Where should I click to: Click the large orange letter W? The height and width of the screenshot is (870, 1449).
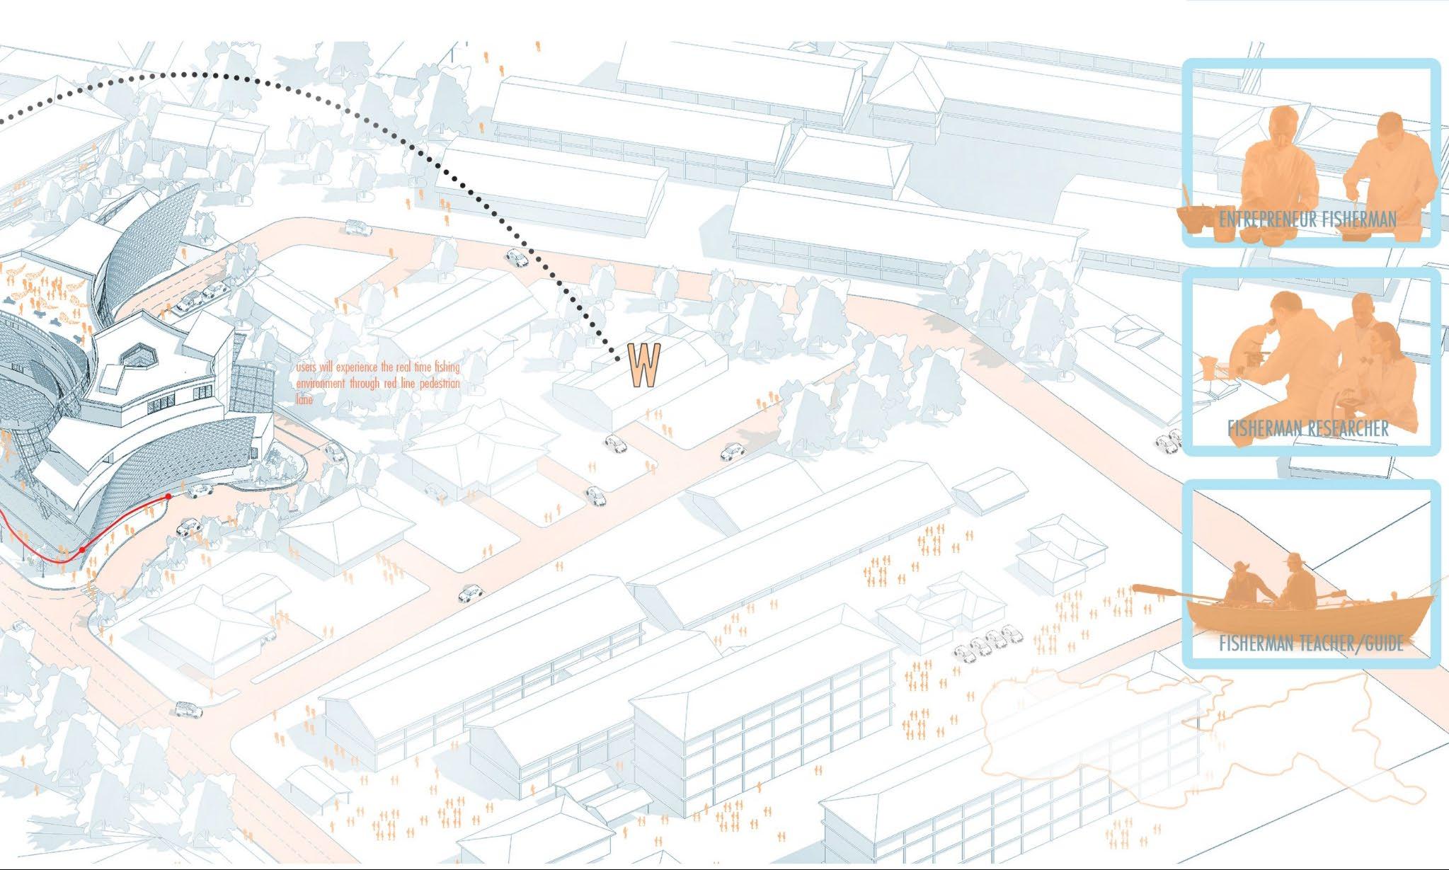pos(645,366)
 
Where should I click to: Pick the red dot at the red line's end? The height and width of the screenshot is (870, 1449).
pos(168,497)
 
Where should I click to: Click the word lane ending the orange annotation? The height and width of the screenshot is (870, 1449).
pos(304,400)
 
